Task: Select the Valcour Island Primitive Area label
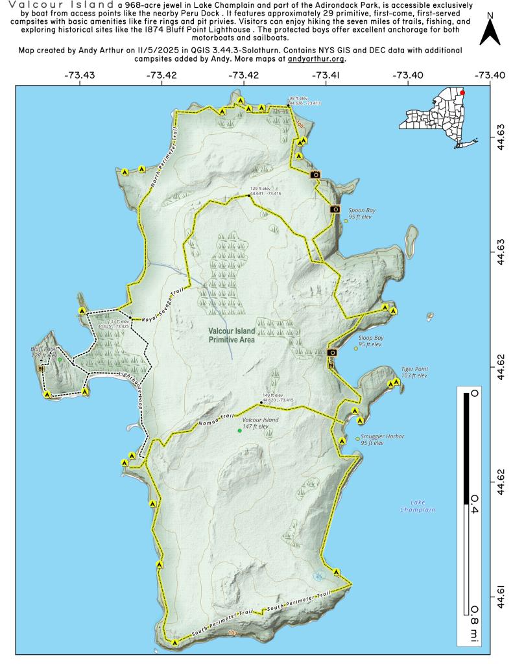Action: pos(232,335)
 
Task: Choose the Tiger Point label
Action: pos(414,372)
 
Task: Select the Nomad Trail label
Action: pos(214,421)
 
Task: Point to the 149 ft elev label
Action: pos(272,397)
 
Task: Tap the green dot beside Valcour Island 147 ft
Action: pos(239,431)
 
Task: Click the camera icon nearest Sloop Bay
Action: pos(332,352)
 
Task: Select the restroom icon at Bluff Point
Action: pos(42,368)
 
